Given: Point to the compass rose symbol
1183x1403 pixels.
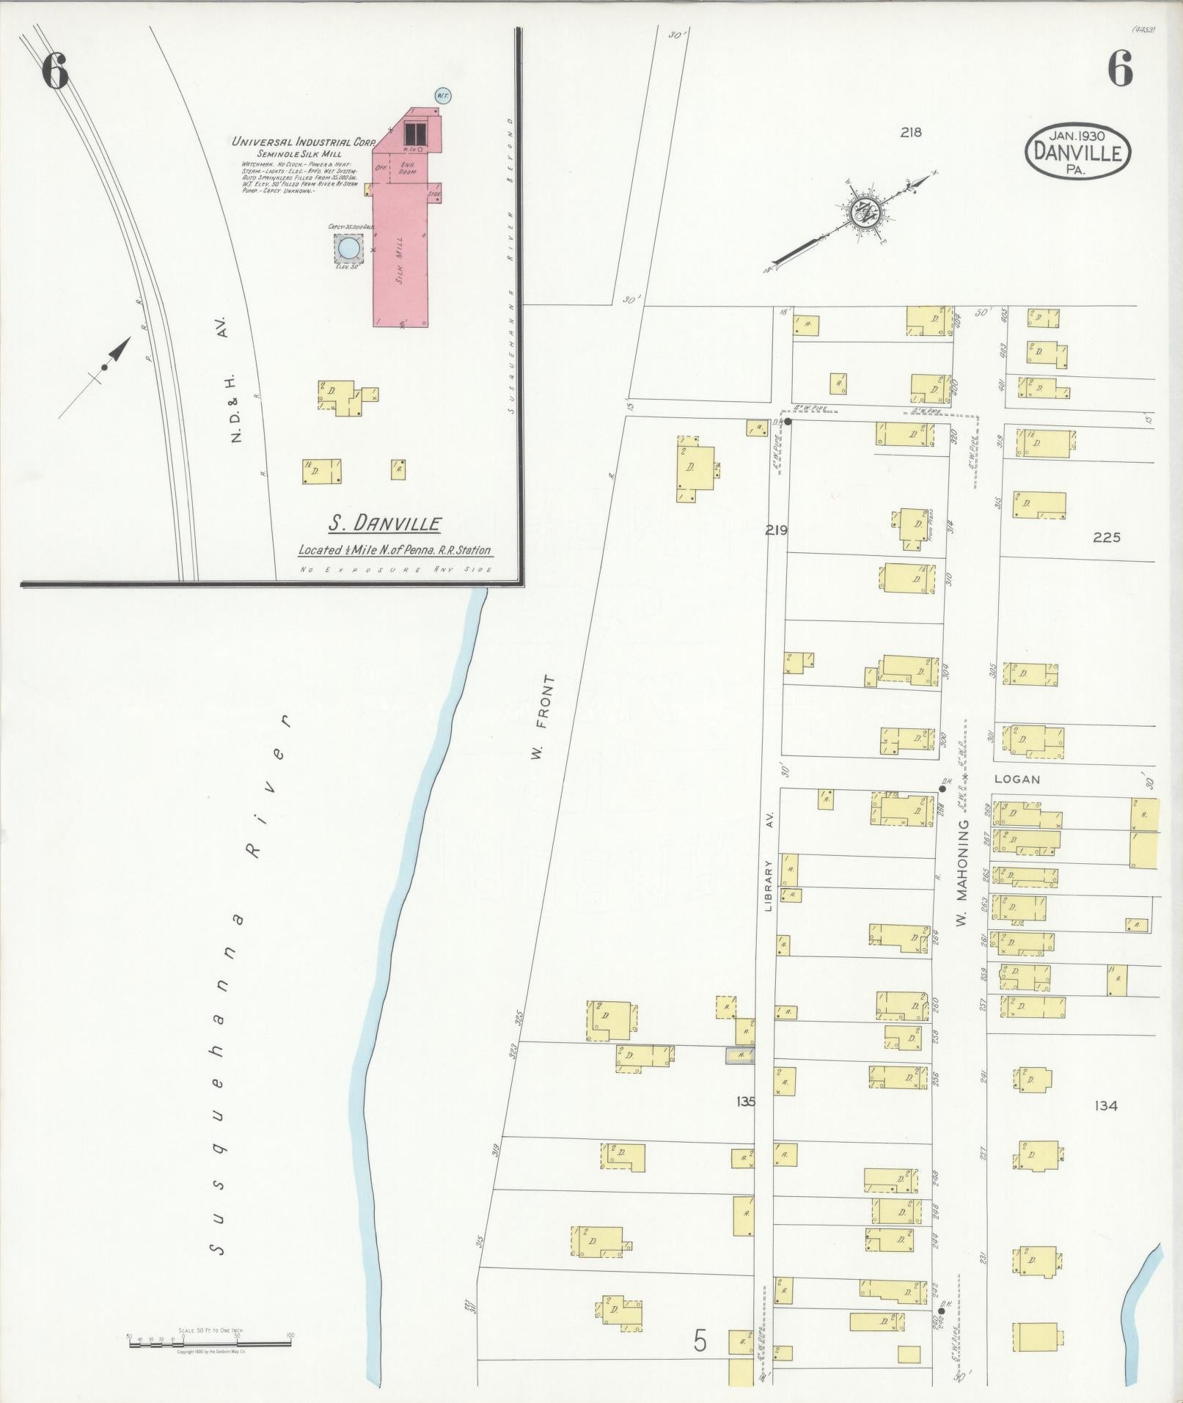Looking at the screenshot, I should pyautogui.click(x=864, y=213).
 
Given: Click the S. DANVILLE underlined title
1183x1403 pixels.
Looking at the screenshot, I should pyautogui.click(x=384, y=524).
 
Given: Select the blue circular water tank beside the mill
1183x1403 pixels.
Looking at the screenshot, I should pyautogui.click(x=348, y=248).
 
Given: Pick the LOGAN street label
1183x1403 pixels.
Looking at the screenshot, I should pyautogui.click(x=1017, y=780).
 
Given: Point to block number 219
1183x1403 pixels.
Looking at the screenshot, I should pyautogui.click(x=776, y=530).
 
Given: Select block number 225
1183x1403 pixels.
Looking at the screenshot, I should pyautogui.click(x=1106, y=538).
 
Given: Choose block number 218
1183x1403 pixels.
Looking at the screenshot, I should pyautogui.click(x=911, y=133).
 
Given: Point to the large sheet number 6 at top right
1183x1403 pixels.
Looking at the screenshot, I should pyautogui.click(x=1120, y=71).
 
